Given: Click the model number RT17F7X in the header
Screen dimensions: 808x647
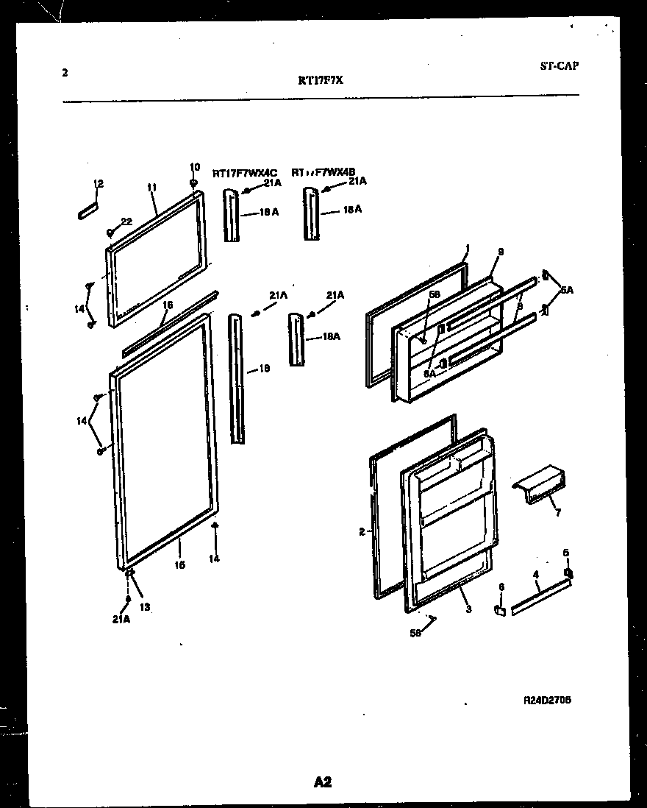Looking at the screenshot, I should coord(320,82).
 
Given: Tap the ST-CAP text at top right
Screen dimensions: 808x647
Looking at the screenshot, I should coord(559,65).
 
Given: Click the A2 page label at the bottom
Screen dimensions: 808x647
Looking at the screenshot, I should coord(323,782).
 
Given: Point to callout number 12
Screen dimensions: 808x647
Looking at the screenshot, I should coord(99,183).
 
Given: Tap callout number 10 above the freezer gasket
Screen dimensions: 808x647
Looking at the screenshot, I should coord(195,167).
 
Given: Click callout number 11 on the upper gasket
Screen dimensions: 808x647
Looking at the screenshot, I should coord(151,188).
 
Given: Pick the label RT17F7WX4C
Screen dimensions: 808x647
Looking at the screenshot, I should coord(244,174).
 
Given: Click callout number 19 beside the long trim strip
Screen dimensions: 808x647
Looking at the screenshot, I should coord(264,369).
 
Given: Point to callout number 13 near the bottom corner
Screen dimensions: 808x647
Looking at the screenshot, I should coord(146,608).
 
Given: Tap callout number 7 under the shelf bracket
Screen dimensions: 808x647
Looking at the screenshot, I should coord(557,513).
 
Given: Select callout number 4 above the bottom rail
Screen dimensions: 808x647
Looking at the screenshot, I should coord(536,574).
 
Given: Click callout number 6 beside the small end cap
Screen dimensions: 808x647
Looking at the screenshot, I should coord(502,586).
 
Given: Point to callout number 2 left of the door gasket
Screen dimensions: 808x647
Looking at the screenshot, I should coord(362,531).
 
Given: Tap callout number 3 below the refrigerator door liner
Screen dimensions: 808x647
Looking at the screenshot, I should coord(468,609).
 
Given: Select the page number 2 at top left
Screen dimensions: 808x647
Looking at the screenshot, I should coord(65,72).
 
